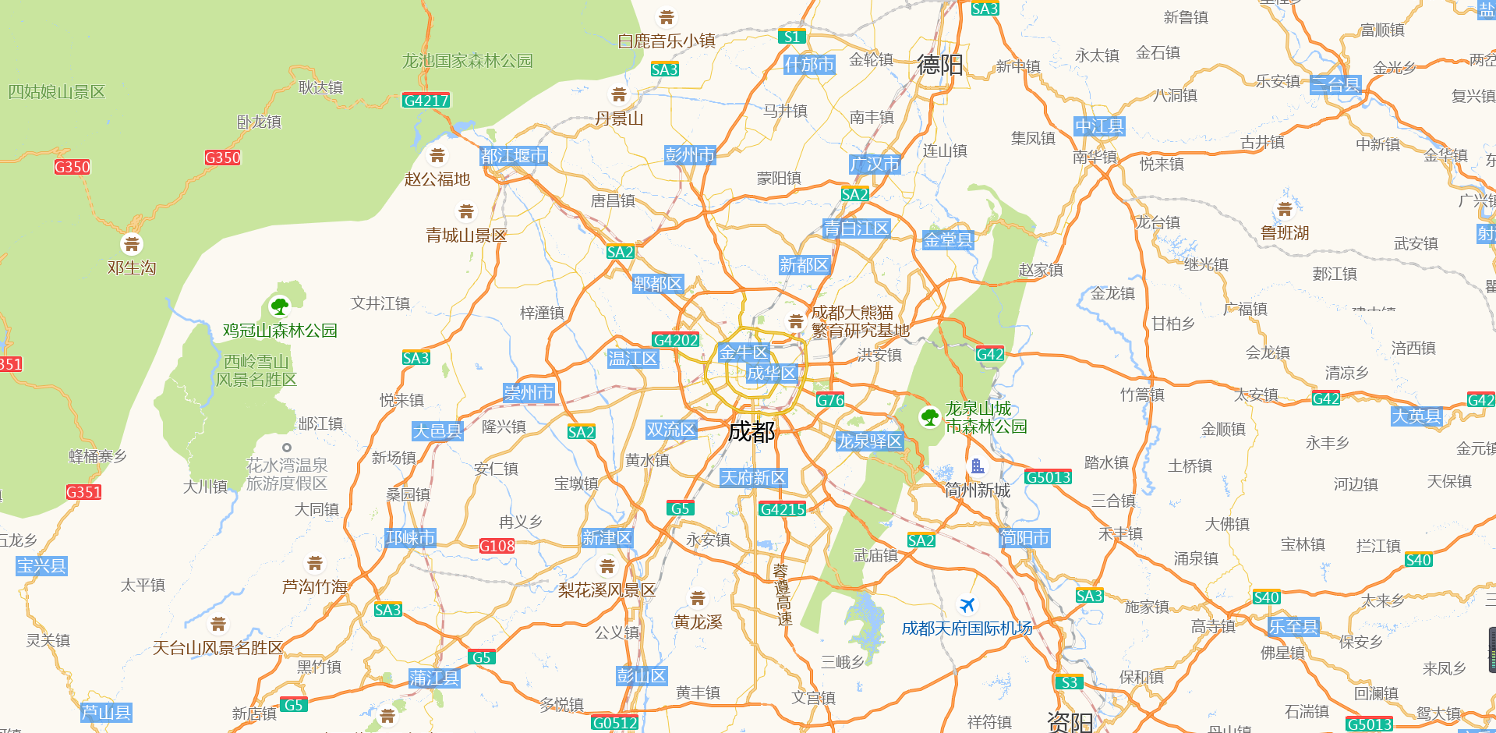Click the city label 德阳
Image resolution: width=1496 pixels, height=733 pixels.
pyautogui.click(x=939, y=65)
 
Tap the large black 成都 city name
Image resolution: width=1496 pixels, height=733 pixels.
pyautogui.click(x=751, y=431)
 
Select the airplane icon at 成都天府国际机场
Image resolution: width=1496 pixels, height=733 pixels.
pyautogui.click(x=967, y=605)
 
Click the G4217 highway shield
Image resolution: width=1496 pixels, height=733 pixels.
pyautogui.click(x=426, y=101)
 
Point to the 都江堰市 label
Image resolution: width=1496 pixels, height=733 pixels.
pyautogui.click(x=513, y=156)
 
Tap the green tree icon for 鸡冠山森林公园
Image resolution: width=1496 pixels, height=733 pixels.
pyautogui.click(x=279, y=306)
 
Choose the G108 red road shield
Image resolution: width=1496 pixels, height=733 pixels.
pyautogui.click(x=497, y=546)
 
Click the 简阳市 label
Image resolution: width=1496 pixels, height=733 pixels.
pyautogui.click(x=1024, y=538)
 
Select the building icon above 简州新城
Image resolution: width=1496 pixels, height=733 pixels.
pyautogui.click(x=977, y=467)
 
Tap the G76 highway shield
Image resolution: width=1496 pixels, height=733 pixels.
pyautogui.click(x=830, y=400)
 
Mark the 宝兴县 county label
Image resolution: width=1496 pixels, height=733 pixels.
pyautogui.click(x=41, y=566)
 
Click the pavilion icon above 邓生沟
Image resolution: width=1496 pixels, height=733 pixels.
pyautogui.click(x=132, y=245)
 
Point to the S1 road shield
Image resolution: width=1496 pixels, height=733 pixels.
pyautogui.click(x=791, y=37)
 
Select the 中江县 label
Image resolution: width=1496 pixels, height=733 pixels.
pyautogui.click(x=1099, y=126)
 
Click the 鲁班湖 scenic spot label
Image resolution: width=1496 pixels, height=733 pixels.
pyautogui.click(x=1285, y=232)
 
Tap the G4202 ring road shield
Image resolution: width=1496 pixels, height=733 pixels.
pyautogui.click(x=675, y=340)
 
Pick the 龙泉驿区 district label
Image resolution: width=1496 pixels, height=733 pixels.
pyautogui.click(x=868, y=441)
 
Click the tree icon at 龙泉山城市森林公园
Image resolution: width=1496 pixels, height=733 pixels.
pyautogui.click(x=929, y=417)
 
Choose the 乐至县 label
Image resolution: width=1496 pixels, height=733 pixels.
pyautogui.click(x=1293, y=626)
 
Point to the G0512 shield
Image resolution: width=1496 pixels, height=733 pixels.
pyautogui.click(x=614, y=723)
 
